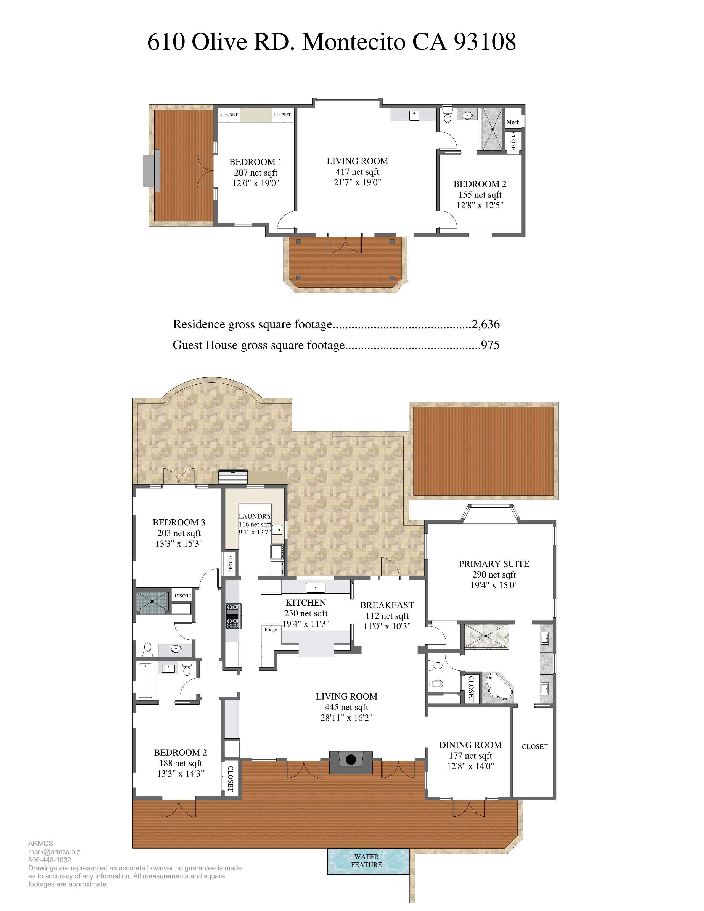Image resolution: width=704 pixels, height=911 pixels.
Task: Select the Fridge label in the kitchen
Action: [x=271, y=629]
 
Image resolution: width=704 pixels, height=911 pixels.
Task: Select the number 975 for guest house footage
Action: [x=490, y=345]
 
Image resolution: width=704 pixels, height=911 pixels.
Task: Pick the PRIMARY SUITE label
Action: [x=494, y=563]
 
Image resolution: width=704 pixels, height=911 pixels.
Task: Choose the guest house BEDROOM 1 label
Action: [x=255, y=162]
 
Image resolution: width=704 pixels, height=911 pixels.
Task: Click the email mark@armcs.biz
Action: [x=54, y=852]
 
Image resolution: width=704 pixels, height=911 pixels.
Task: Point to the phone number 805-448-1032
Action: [x=50, y=860]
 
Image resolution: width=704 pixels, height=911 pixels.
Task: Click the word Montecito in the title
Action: [x=353, y=42]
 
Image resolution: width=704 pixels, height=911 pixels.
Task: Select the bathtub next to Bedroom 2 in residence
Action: [x=145, y=680]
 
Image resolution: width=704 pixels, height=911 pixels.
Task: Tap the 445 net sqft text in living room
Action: [x=346, y=707]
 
